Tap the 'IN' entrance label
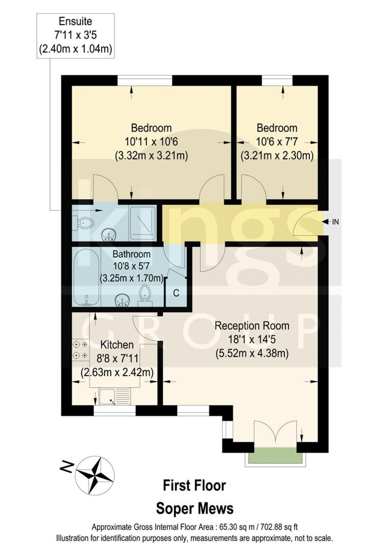click(x=335, y=222)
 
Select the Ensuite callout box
click(x=75, y=36)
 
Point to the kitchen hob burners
click(x=80, y=350)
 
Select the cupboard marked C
click(x=176, y=292)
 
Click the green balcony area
click(x=275, y=455)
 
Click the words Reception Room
click(x=252, y=326)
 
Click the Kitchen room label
click(x=117, y=345)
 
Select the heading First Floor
click(x=194, y=485)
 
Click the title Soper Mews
click(x=195, y=508)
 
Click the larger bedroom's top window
click(x=145, y=81)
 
